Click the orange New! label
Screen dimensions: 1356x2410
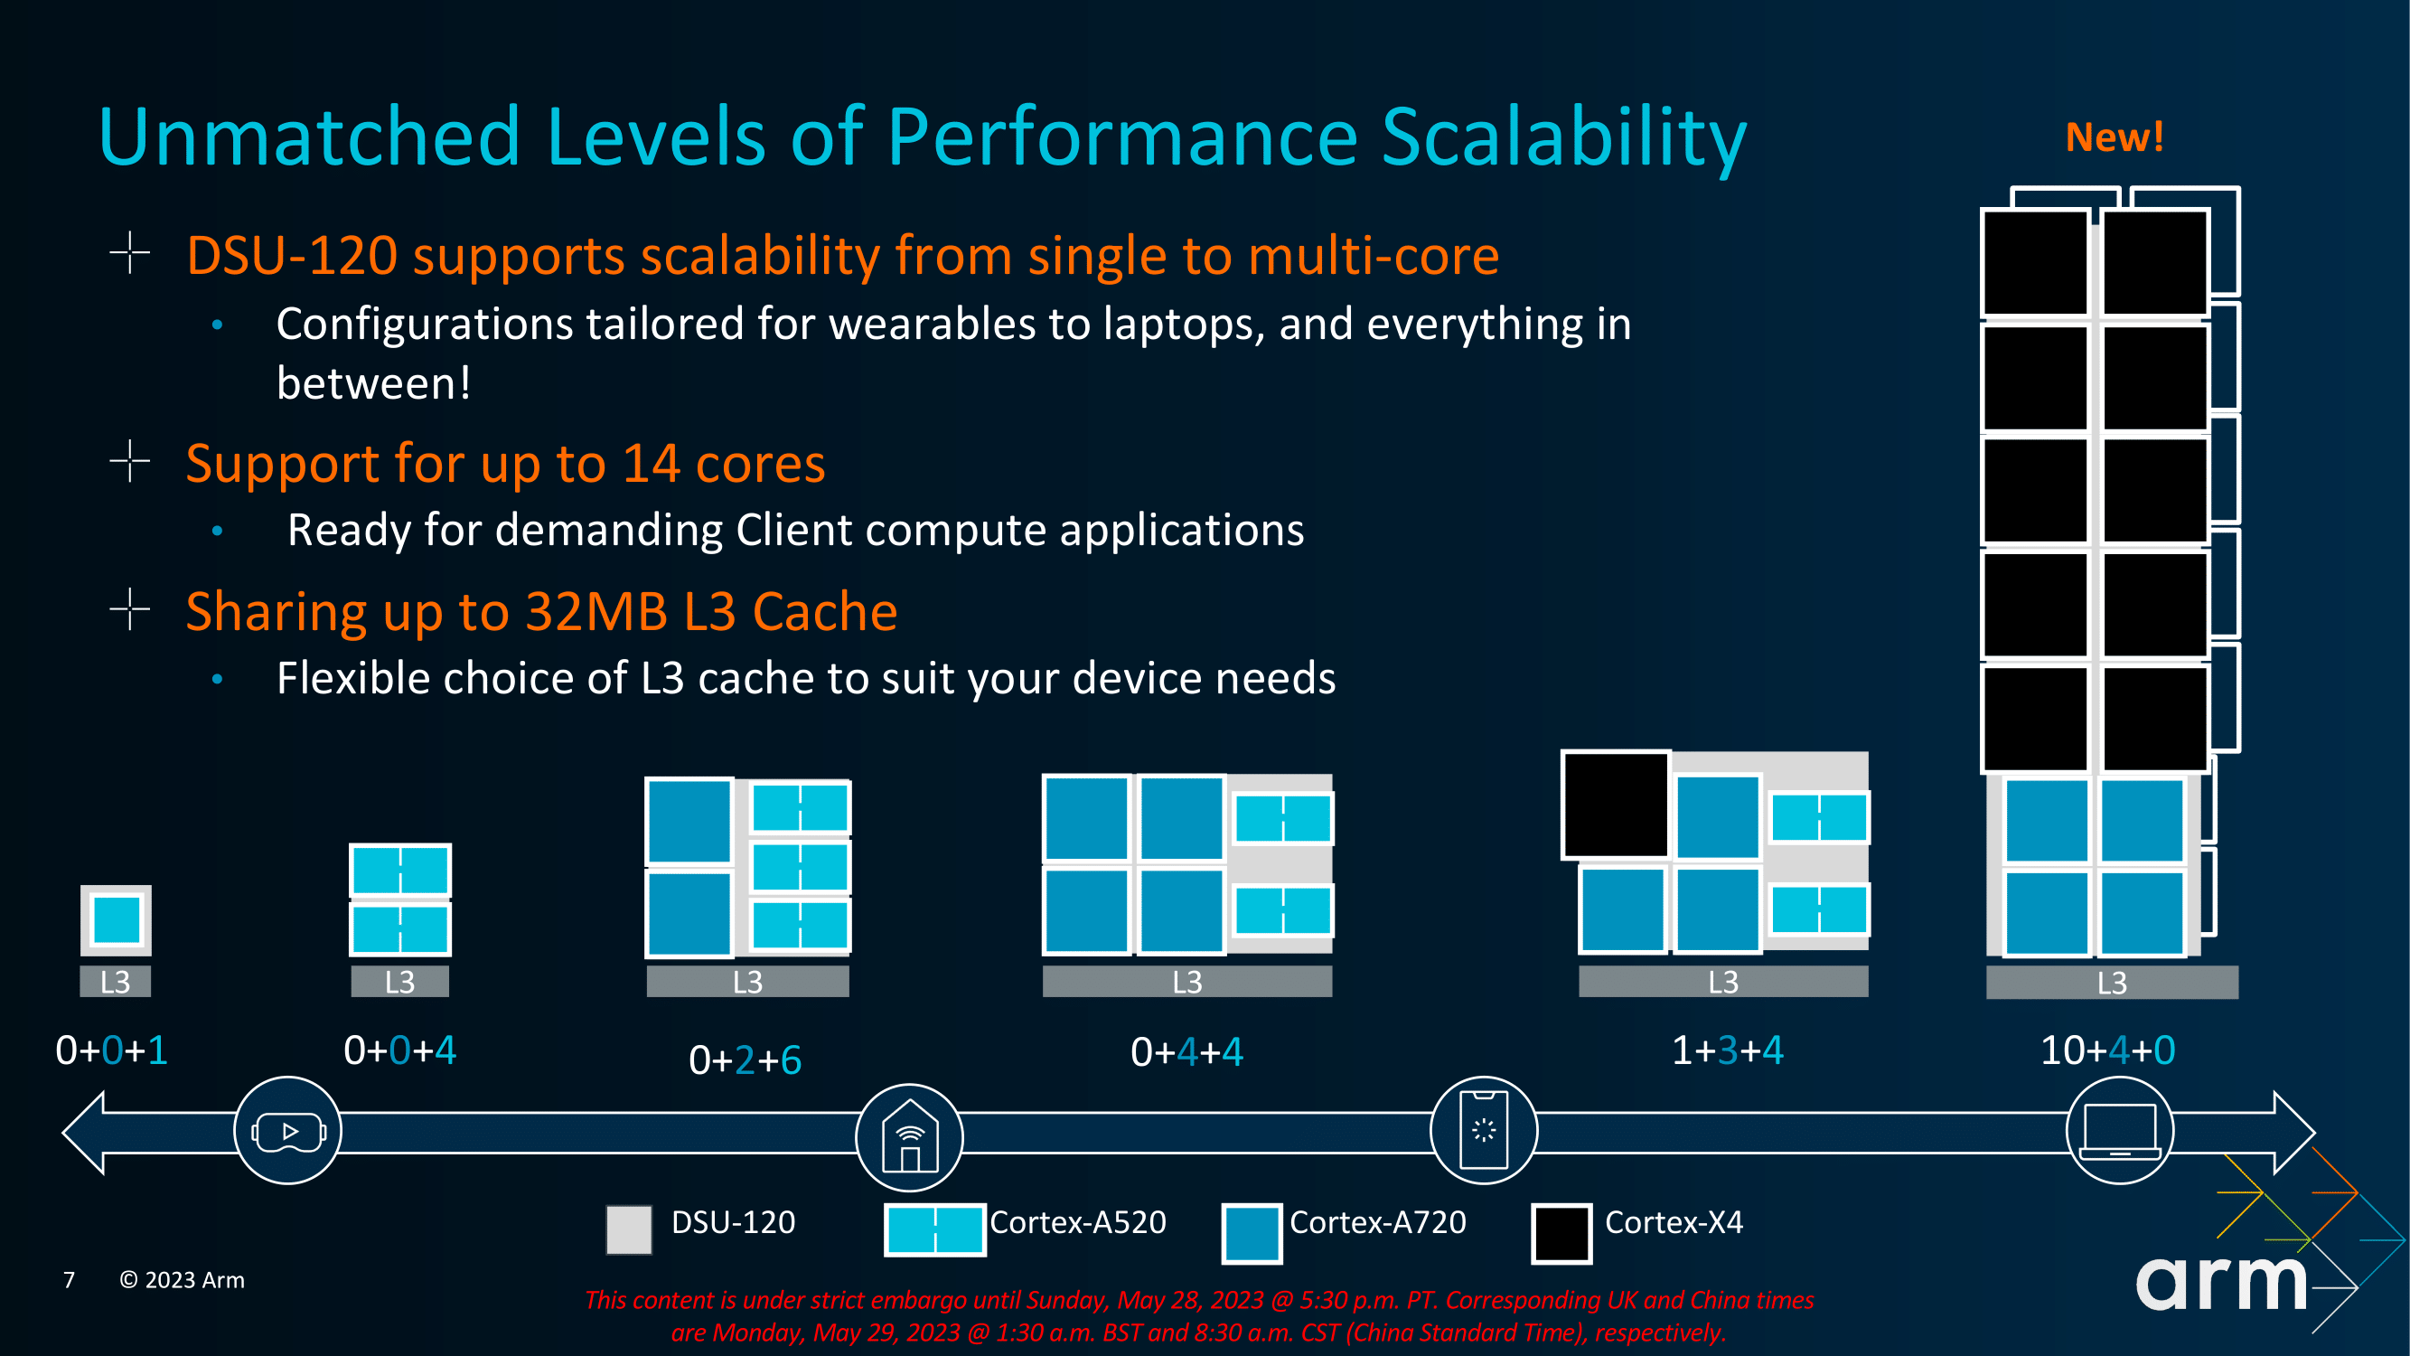[2115, 137]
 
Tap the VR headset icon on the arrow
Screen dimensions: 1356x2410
[288, 1132]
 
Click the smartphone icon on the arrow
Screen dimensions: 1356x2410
[1484, 1131]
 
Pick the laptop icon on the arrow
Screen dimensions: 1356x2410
[2119, 1132]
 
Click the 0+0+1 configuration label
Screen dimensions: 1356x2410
[111, 1050]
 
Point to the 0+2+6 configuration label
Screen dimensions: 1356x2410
[745, 1060]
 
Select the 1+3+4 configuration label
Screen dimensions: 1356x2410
[1727, 1050]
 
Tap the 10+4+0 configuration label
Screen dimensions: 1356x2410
[2108, 1050]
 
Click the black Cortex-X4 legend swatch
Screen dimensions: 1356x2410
[1561, 1233]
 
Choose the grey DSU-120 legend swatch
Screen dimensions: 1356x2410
[629, 1229]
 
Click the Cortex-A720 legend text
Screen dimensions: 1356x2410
[1377, 1222]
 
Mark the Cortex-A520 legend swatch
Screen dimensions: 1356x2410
[934, 1229]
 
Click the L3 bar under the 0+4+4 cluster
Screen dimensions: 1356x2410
[1187, 982]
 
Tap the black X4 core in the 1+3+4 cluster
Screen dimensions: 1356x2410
[1616, 805]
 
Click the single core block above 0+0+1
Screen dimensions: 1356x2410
[116, 920]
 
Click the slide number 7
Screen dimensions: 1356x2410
[69, 1279]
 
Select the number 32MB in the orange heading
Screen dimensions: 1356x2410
[596, 612]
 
